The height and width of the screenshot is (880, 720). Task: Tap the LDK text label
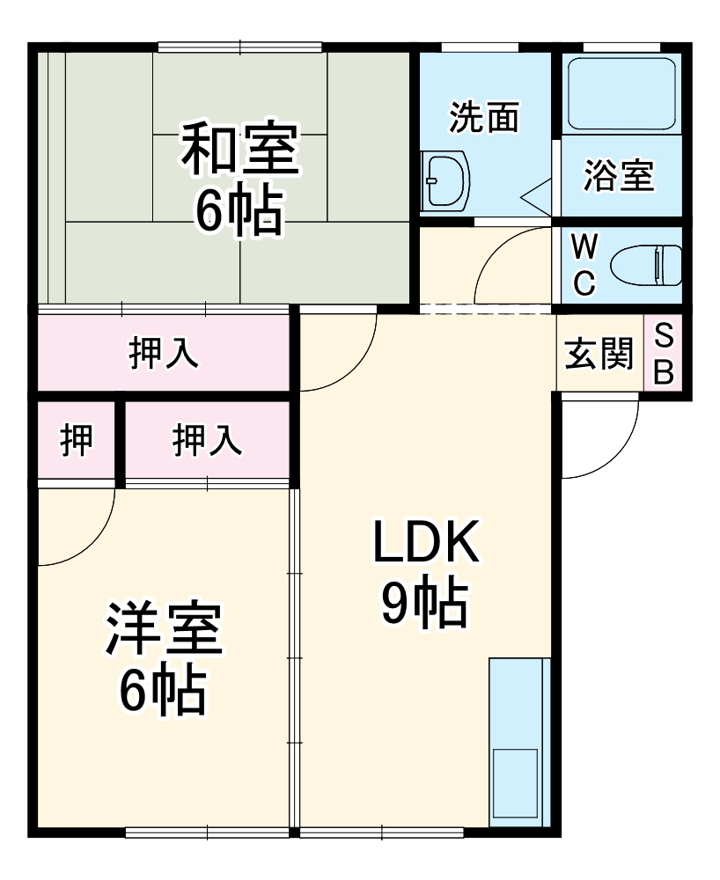point(425,543)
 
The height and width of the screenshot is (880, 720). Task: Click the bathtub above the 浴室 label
point(621,92)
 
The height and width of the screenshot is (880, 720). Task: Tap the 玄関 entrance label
point(599,355)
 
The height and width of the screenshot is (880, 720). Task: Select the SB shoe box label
point(665,354)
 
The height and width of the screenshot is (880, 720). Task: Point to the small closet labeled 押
point(77,439)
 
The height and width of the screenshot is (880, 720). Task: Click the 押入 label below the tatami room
point(164,353)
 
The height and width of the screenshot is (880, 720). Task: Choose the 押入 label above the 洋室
point(207,439)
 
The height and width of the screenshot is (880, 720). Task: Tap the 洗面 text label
point(484,117)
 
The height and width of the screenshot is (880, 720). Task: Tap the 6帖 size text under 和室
point(239,210)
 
